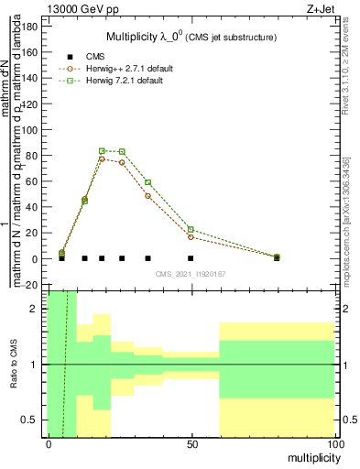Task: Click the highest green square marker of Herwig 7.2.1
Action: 102,150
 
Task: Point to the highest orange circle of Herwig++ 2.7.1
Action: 102,159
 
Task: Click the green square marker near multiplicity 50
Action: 191,229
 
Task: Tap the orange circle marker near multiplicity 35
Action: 147,195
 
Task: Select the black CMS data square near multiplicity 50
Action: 191,258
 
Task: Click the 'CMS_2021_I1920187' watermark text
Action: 191,273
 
